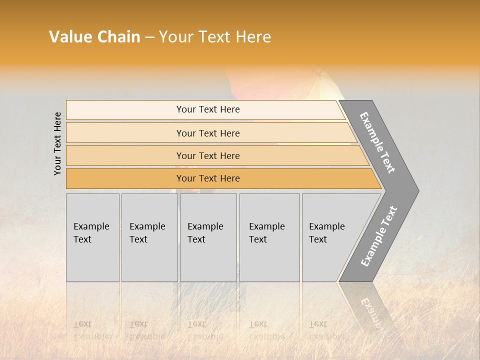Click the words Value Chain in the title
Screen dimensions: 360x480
[94, 37]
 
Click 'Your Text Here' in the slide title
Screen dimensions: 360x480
[215, 37]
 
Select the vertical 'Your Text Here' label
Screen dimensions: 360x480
[58, 144]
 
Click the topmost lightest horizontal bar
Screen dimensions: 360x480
[208, 109]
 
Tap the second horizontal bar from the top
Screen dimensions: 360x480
[208, 133]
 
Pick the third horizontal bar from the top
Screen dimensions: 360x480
[208, 155]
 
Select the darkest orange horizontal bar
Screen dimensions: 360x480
[208, 178]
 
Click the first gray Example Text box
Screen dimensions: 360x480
[92, 237]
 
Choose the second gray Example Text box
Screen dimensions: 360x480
[149, 237]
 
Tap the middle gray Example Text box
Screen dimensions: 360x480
[208, 237]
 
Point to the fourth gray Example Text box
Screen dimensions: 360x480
[269, 237]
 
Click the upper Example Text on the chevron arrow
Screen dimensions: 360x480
[377, 142]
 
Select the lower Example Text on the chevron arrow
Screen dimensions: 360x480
[379, 236]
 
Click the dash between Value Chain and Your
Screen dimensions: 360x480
[149, 37]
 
